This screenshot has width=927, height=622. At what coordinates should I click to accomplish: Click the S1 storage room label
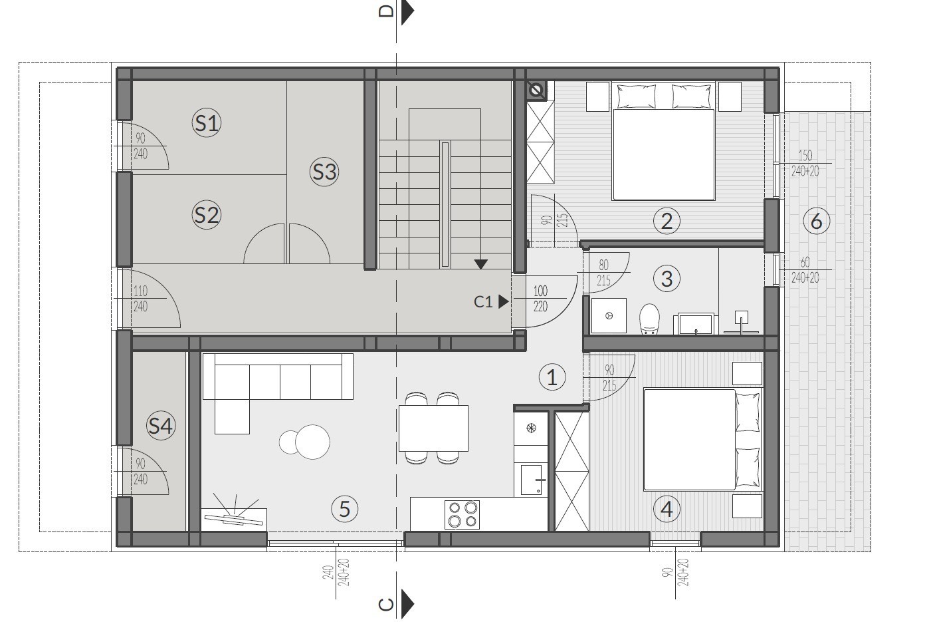pyautogui.click(x=207, y=123)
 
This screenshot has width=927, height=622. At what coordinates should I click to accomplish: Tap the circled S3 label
pyautogui.click(x=324, y=172)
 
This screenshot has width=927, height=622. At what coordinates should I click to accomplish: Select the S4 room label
pyautogui.click(x=161, y=425)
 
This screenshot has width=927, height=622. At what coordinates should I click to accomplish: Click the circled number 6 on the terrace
pyautogui.click(x=816, y=221)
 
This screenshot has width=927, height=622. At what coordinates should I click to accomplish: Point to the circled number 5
pyautogui.click(x=345, y=509)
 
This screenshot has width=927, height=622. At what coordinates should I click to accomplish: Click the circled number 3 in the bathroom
pyautogui.click(x=667, y=279)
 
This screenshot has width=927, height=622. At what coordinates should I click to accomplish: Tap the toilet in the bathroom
pyautogui.click(x=649, y=319)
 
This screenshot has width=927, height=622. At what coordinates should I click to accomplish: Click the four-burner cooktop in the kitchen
pyautogui.click(x=462, y=515)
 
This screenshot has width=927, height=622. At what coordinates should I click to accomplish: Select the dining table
pyautogui.click(x=433, y=428)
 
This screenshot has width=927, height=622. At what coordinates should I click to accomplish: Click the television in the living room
pyautogui.click(x=234, y=519)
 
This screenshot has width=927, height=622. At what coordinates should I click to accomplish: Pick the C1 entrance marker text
pyautogui.click(x=483, y=301)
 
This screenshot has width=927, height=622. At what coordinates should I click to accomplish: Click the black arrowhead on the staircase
pyautogui.click(x=480, y=264)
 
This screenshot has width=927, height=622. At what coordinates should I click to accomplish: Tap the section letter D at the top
pyautogui.click(x=387, y=11)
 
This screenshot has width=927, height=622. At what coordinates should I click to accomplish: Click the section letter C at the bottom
pyautogui.click(x=387, y=605)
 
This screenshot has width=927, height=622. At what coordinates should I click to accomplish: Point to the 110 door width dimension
pyautogui.click(x=140, y=291)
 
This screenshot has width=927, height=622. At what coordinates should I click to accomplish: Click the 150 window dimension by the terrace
pyautogui.click(x=805, y=156)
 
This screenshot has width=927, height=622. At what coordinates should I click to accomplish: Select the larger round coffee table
pyautogui.click(x=312, y=442)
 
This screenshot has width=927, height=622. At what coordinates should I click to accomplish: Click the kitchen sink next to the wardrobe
pyautogui.click(x=532, y=480)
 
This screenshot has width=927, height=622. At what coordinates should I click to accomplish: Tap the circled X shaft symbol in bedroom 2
pyautogui.click(x=536, y=90)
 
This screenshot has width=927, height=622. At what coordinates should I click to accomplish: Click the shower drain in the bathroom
pyautogui.click(x=609, y=316)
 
